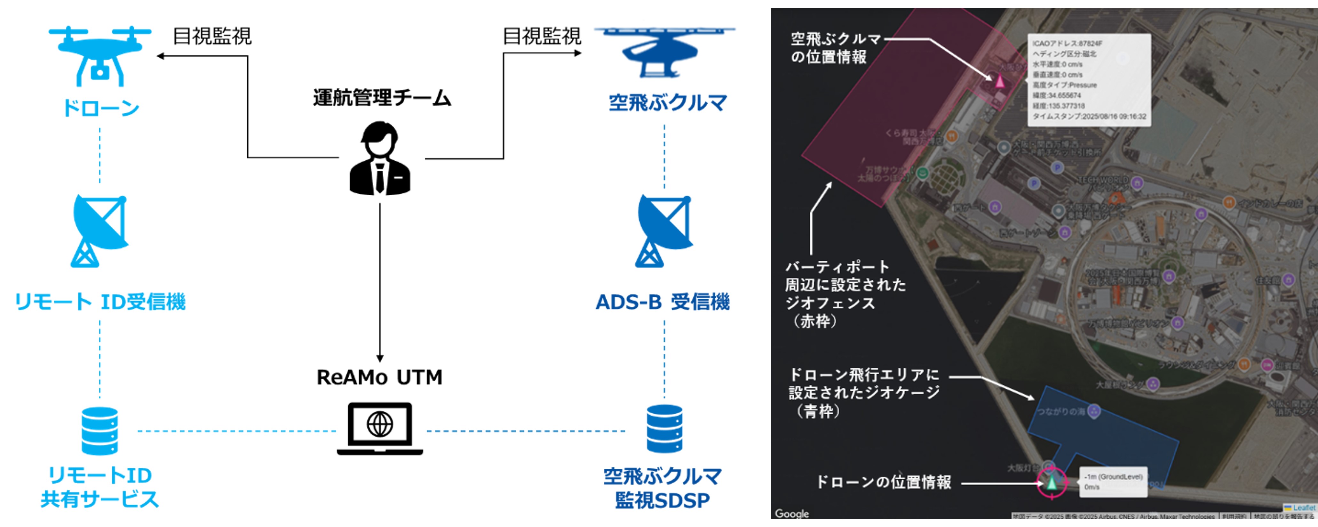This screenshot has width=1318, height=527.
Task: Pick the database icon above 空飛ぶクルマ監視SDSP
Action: click(664, 429)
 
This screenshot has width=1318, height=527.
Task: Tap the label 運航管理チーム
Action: click(382, 97)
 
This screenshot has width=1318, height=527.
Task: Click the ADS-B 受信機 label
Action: click(663, 302)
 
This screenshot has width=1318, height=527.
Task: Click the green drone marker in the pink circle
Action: click(1052, 482)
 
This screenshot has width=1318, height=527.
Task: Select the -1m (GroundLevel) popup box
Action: click(1113, 482)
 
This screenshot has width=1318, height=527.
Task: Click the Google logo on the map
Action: click(791, 513)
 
